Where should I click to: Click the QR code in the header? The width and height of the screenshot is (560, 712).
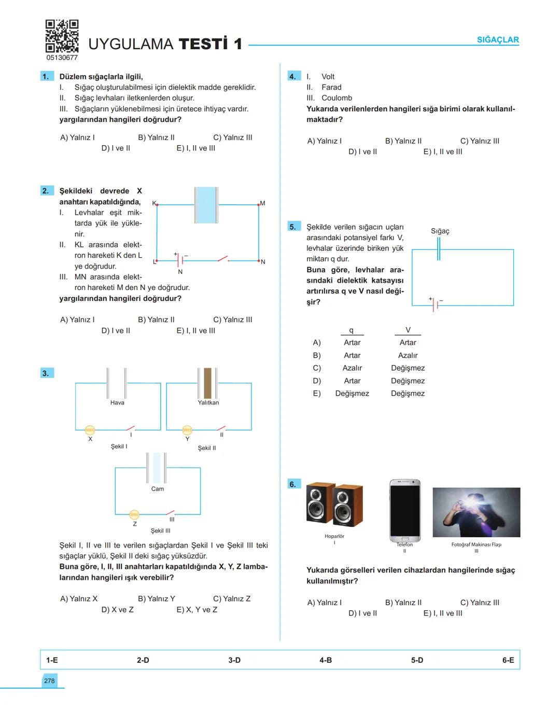[x=62, y=36]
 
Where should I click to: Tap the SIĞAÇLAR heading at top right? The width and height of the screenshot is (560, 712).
[x=497, y=40]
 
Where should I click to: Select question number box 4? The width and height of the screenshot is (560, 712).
[x=293, y=76]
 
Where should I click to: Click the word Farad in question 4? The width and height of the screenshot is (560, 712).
[x=331, y=87]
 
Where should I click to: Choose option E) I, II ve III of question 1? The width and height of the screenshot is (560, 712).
[x=195, y=148]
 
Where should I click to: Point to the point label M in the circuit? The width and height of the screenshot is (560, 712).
[x=262, y=203]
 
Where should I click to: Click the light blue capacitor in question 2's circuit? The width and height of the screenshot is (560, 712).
[x=206, y=205]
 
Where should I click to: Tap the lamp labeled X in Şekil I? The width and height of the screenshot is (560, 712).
[x=90, y=430]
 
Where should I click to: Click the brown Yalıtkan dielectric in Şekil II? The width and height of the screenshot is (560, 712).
[x=207, y=383]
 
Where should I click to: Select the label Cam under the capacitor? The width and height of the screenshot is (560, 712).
[x=158, y=489]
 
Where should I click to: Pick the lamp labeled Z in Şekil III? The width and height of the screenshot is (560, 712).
[x=134, y=514]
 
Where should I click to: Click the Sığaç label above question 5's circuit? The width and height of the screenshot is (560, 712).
[x=440, y=231]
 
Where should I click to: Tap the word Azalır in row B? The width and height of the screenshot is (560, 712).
[x=408, y=355]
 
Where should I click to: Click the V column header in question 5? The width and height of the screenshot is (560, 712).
[x=408, y=330]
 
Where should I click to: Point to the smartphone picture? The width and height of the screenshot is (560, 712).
[x=404, y=510]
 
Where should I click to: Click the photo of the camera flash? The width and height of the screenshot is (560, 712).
[x=476, y=512]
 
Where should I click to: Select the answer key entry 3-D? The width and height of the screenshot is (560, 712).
[x=234, y=660]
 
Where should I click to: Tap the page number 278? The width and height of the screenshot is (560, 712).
[x=49, y=681]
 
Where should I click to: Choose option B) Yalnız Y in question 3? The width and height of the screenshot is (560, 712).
[x=157, y=598]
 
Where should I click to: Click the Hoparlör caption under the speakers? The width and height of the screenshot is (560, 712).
[x=334, y=536]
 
